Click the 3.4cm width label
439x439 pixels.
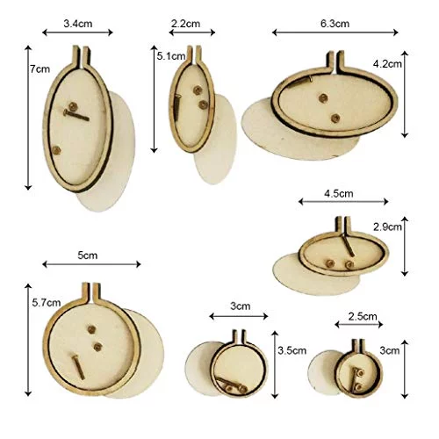(x=78, y=24)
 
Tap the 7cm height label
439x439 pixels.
(x=40, y=69)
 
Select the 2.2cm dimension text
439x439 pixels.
(x=185, y=24)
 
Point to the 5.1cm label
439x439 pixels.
(x=171, y=56)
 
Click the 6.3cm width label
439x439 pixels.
(x=335, y=24)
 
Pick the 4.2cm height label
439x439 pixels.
(x=387, y=64)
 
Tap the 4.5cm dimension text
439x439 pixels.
(x=339, y=193)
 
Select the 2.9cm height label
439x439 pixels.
(x=387, y=227)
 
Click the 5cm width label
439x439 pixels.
(x=88, y=255)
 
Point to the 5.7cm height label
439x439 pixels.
(x=47, y=303)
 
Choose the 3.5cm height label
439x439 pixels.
(x=292, y=350)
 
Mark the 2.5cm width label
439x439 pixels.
(x=363, y=316)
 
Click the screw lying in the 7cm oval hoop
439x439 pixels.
(x=76, y=115)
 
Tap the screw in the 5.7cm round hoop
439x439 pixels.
(x=78, y=367)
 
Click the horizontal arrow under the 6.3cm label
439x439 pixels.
(x=335, y=32)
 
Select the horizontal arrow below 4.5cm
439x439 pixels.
(x=343, y=201)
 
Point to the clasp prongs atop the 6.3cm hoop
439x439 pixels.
(x=335, y=62)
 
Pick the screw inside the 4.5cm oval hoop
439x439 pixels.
(x=349, y=245)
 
